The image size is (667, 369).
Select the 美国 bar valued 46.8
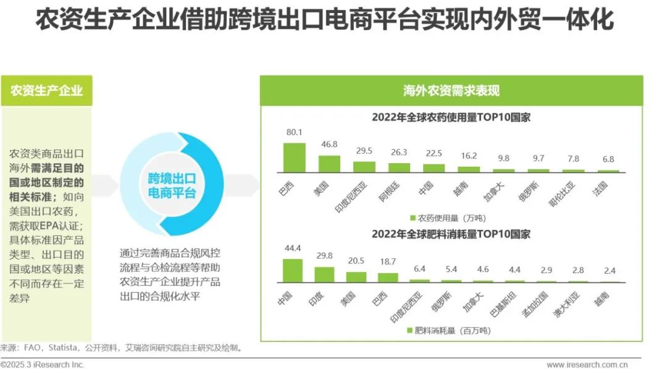point(329,163)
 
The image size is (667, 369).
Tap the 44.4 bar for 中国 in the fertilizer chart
point(292,270)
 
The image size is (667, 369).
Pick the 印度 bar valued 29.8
point(324,274)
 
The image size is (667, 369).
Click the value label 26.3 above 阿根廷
point(398,152)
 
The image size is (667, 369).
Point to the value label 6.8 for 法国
point(608,159)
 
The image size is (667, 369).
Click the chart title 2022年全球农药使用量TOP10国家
point(451,117)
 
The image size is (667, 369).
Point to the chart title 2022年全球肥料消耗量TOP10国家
point(451,234)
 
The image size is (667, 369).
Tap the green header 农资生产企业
point(46,91)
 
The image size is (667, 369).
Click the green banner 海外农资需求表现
point(451,91)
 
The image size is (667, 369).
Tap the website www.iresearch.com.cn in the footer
point(587,365)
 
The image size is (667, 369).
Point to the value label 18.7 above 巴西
point(388,262)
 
